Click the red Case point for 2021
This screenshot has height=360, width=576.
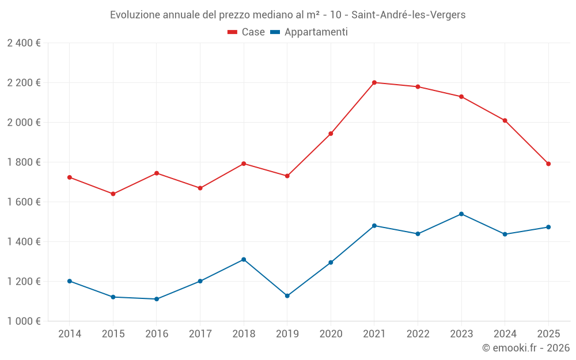374,82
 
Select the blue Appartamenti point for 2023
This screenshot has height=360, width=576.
461,214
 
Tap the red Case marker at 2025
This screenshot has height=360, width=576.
548,164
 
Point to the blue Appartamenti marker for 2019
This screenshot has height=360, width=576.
287,295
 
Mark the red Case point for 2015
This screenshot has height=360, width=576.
113,194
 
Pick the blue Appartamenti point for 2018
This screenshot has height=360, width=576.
244,259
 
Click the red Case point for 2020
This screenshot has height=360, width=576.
331,134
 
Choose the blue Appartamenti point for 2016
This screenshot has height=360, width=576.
157,299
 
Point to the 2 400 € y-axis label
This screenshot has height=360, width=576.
24,43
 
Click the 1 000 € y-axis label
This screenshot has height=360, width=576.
24,321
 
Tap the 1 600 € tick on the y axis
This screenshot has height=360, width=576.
24,202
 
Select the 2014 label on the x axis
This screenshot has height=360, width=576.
70,334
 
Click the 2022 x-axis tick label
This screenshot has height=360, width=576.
418,334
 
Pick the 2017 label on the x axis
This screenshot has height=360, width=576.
200,334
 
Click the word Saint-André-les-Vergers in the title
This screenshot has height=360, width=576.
409,15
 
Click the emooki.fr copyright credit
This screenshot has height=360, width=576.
525,348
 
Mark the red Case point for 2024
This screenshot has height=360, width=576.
505,120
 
